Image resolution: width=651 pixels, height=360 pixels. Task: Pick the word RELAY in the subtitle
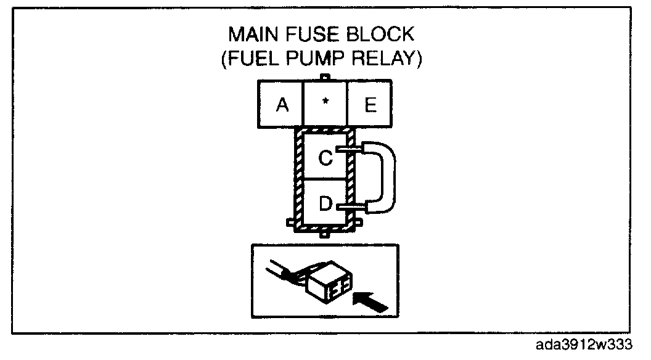[x=388, y=60]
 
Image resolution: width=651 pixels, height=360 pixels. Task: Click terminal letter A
[x=282, y=105]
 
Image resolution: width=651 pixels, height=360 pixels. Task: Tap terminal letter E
[x=370, y=105]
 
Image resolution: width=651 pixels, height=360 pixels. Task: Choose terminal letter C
[x=325, y=158]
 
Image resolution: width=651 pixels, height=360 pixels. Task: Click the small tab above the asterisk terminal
[x=326, y=78]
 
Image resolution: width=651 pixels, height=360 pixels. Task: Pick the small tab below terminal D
[x=325, y=234]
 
